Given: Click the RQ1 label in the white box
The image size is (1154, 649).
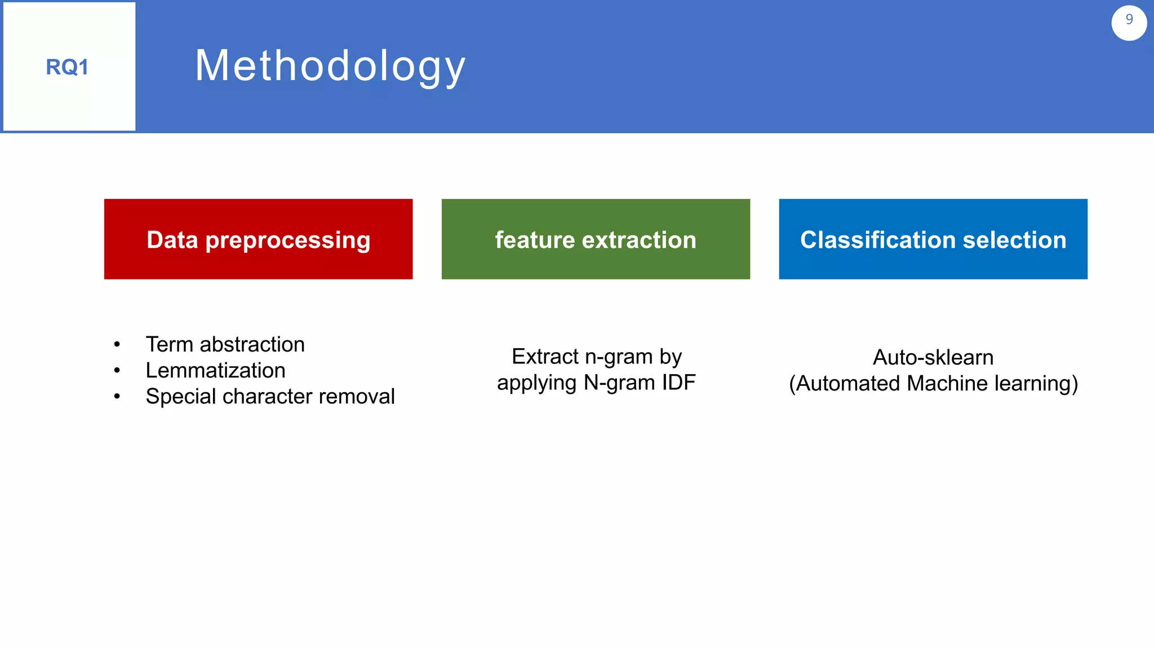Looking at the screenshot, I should point(67,67).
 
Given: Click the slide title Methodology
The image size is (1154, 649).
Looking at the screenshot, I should point(330,66).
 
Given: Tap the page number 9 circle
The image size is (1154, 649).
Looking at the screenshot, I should point(1129,23).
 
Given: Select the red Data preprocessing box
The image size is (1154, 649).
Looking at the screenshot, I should point(258,239).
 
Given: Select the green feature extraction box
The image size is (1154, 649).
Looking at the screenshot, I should point(596,239).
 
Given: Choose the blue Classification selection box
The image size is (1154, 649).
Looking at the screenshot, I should point(933,239).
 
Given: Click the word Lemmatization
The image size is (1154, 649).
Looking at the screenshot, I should point(215,371).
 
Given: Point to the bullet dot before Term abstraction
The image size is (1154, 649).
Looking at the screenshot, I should point(117,345).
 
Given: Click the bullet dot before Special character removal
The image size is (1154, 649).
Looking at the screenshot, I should point(117,397).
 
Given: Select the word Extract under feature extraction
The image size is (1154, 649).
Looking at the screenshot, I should point(544,357).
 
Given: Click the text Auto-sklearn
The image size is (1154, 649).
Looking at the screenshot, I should point(933,358).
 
